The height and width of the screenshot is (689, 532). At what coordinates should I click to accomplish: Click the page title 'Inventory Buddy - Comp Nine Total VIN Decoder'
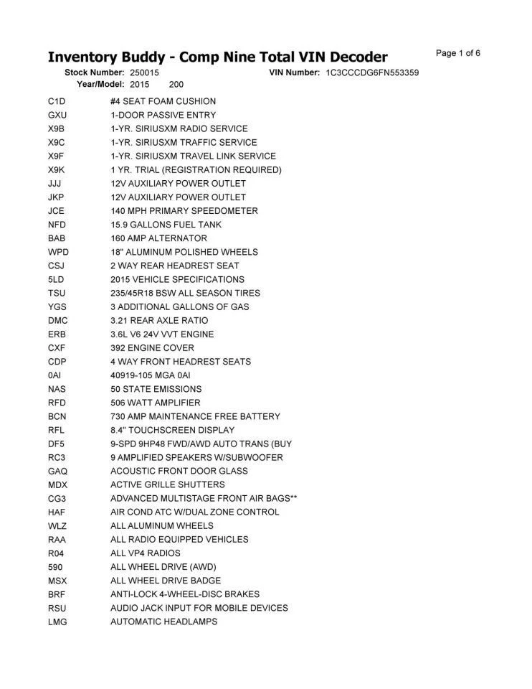tap(217, 57)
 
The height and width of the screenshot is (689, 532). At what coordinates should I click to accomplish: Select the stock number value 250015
tap(145, 73)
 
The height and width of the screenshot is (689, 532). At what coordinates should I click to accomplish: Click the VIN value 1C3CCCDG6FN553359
tap(372, 73)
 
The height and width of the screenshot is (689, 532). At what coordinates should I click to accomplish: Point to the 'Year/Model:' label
tap(101, 85)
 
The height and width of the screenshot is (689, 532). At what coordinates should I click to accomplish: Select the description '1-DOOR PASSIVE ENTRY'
tap(163, 116)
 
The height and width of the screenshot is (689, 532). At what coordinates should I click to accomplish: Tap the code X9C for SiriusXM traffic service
tap(57, 143)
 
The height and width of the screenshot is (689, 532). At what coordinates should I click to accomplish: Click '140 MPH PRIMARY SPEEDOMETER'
tap(184, 211)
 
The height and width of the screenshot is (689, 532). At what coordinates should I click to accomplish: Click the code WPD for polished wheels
tap(58, 252)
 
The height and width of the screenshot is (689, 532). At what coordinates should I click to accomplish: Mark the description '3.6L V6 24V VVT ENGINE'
tap(162, 334)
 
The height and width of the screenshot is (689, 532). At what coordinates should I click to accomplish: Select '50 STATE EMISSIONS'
tap(156, 389)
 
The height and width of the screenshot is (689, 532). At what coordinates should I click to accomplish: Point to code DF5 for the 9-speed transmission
tap(56, 444)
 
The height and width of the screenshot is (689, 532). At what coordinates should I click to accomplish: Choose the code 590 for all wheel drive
tap(55, 567)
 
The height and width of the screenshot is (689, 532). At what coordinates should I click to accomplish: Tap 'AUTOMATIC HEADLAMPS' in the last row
tap(163, 622)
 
